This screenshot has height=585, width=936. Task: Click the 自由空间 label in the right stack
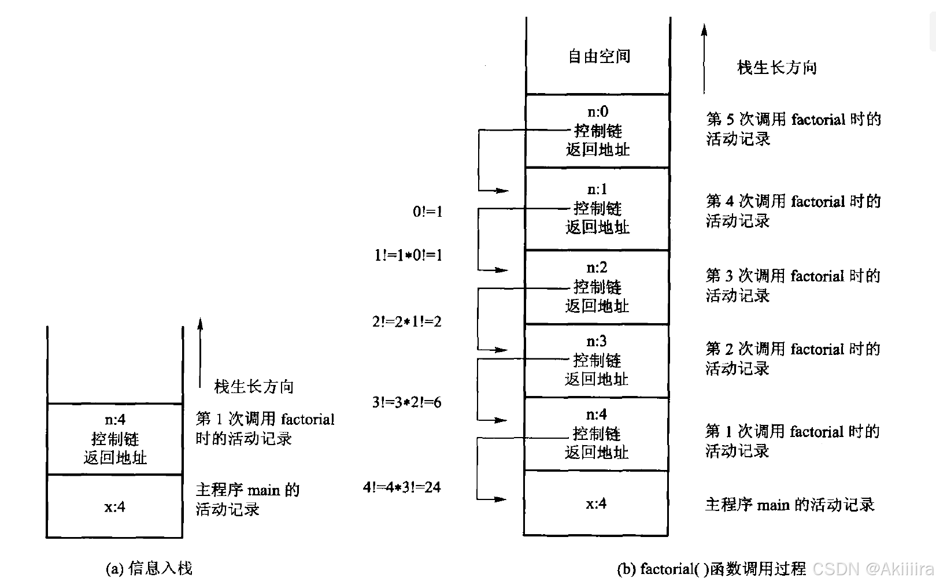(598, 56)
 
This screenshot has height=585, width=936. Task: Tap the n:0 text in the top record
(597, 111)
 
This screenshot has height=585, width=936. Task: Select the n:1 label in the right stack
(597, 189)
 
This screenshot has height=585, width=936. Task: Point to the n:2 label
(597, 267)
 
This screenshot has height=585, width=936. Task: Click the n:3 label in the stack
(597, 341)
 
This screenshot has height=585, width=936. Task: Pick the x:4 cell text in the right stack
(596, 503)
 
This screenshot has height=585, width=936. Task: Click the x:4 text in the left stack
(114, 507)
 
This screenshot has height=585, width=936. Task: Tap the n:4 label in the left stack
(115, 419)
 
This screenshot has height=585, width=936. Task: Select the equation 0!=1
(428, 212)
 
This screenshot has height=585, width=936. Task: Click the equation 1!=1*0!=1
(408, 255)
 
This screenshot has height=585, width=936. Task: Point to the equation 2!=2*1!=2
(407, 321)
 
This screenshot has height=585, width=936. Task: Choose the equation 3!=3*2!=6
(407, 402)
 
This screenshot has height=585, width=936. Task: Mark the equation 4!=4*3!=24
(402, 487)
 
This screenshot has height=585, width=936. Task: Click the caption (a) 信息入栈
(149, 569)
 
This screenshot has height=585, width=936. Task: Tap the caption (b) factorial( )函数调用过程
(711, 569)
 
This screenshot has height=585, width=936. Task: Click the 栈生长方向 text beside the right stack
(776, 68)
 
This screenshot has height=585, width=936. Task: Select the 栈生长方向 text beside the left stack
(254, 386)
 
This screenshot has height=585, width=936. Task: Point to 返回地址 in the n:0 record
(597, 150)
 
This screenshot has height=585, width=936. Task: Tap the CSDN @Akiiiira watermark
(873, 569)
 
